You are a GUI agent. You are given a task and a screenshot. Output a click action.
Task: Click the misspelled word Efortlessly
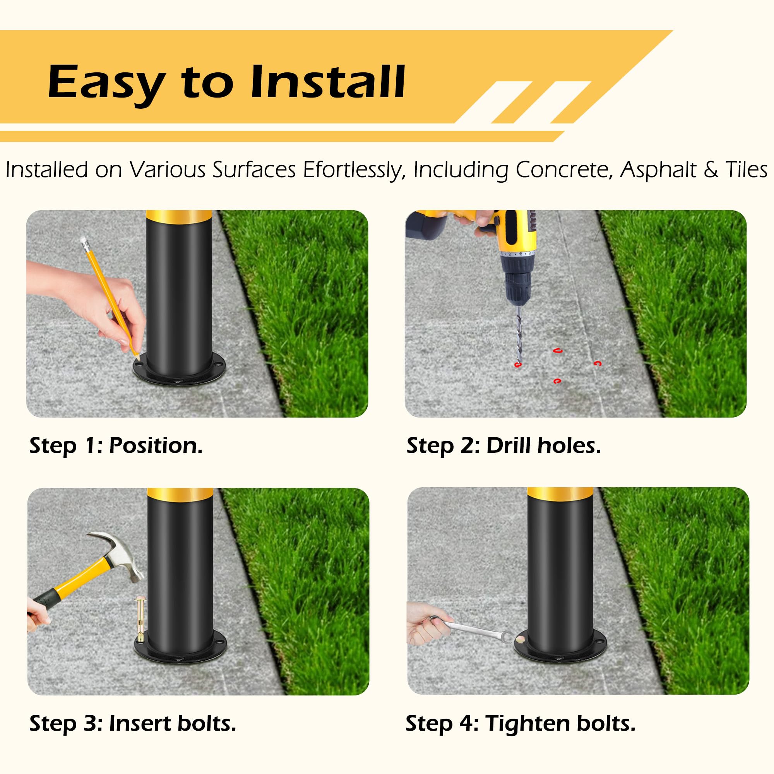click(352, 170)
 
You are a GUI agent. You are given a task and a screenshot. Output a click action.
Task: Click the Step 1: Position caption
click(116, 445)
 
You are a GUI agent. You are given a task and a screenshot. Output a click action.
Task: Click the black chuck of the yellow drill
click(519, 281)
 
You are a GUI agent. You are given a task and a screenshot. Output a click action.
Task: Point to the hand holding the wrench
click(425, 625)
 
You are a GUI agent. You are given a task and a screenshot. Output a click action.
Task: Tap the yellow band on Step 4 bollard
click(560, 493)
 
